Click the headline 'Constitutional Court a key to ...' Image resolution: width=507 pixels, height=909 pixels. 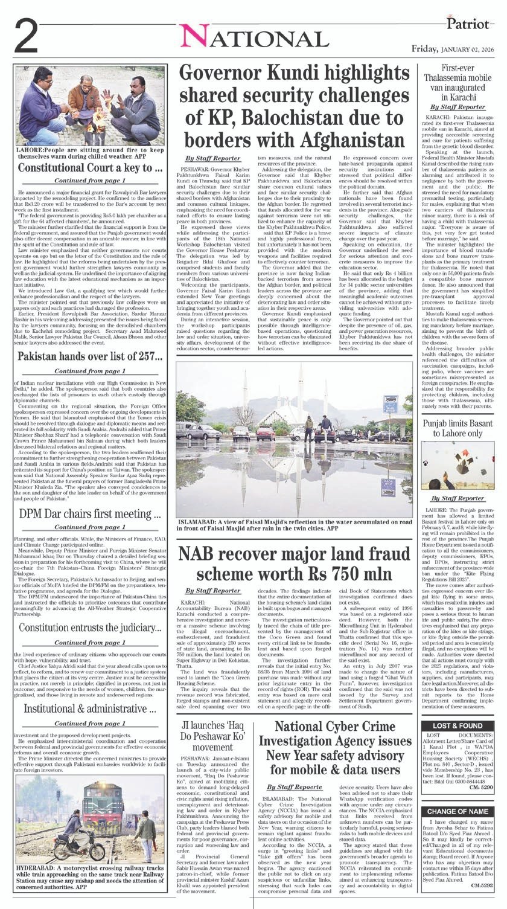(90, 167)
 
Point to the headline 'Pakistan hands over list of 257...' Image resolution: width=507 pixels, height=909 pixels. (90, 356)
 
